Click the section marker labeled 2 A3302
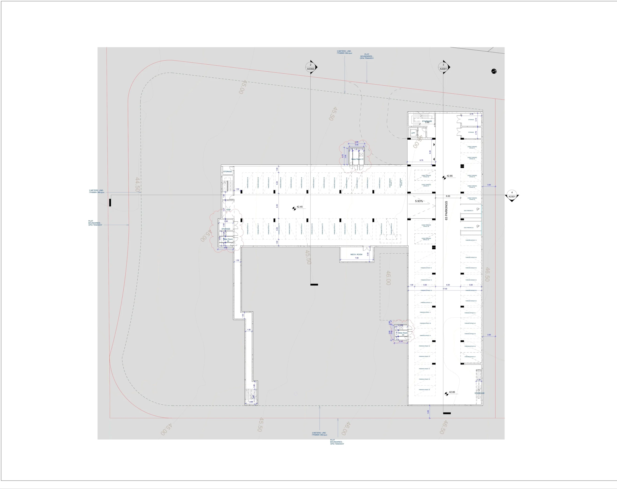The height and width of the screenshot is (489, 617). pyautogui.click(x=310, y=67)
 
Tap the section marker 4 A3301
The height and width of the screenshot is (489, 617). pyautogui.click(x=512, y=195)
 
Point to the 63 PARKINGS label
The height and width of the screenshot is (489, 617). pyautogui.click(x=446, y=211)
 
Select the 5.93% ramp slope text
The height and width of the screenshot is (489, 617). pyautogui.click(x=419, y=201)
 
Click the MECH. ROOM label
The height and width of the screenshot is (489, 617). pyautogui.click(x=356, y=254)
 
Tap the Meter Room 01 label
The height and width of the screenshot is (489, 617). pyautogui.click(x=357, y=159)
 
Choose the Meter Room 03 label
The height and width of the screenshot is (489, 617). pyautogui.click(x=403, y=334)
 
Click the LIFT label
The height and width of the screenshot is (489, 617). pyautogui.click(x=413, y=133)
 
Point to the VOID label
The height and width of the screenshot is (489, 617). pyautogui.click(x=228, y=210)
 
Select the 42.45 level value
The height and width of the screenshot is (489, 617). pyautogui.click(x=299, y=207)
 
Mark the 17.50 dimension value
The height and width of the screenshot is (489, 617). pyautogui.click(x=445, y=289)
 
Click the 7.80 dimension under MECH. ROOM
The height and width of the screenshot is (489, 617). pyautogui.click(x=356, y=258)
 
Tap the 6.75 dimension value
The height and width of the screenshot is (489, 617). pyautogui.click(x=421, y=160)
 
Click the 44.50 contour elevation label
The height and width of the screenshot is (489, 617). pyautogui.click(x=137, y=185)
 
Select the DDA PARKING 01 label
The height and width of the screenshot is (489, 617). pyautogui.click(x=469, y=211)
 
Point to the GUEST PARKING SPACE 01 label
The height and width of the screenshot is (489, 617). pyautogui.click(x=472, y=147)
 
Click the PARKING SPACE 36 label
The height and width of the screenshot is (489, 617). pyautogui.click(x=424, y=390)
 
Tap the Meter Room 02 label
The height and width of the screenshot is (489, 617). pyautogui.click(x=228, y=240)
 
